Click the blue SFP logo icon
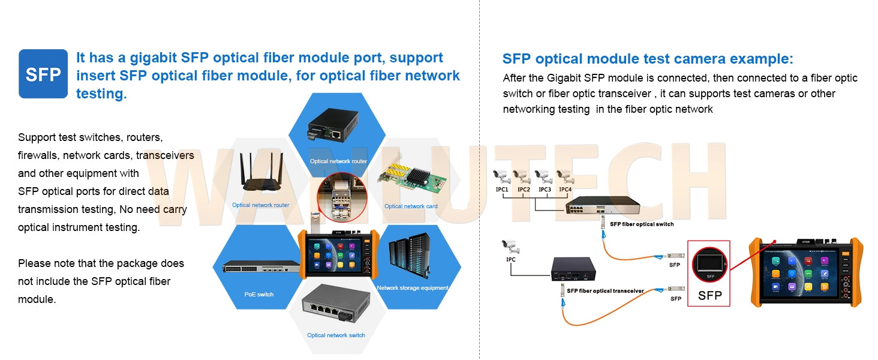click(x=43, y=74)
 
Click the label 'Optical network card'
click(x=411, y=206)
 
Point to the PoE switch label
click(x=259, y=295)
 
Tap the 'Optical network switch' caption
click(x=336, y=335)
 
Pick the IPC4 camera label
click(x=565, y=190)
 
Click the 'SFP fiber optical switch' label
click(x=642, y=224)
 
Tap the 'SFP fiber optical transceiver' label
click(x=605, y=291)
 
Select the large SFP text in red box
click(x=709, y=295)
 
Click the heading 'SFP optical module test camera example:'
click(x=648, y=59)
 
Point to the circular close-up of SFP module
click(x=341, y=195)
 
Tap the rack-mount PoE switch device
click(x=261, y=267)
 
